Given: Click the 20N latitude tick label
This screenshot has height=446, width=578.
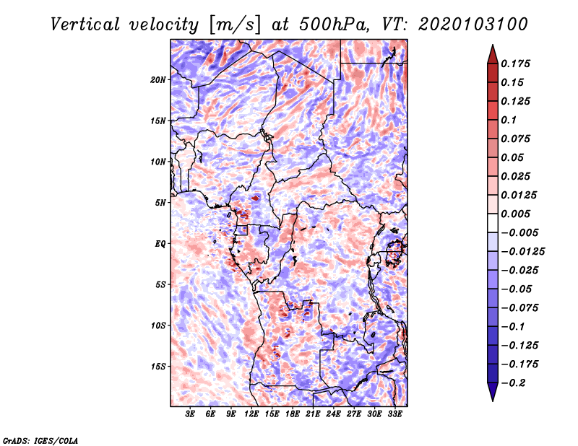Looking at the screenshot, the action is click(158, 80).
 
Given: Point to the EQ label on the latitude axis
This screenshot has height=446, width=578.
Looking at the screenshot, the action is click(160, 244).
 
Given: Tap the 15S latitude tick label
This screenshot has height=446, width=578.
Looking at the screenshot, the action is click(158, 367).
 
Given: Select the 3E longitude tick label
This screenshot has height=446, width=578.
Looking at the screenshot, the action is click(190, 414).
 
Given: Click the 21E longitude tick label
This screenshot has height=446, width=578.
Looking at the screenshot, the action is click(313, 414).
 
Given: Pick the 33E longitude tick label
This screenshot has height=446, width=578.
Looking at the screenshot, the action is click(394, 414).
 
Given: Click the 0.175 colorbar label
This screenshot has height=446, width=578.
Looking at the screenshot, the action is click(515, 64).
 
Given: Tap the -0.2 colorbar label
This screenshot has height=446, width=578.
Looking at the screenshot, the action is click(513, 383).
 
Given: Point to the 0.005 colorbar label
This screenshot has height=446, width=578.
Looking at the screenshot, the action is click(515, 214).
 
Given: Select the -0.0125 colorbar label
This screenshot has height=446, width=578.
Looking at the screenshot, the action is click(522, 252).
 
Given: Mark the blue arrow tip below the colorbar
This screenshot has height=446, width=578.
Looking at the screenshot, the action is click(493, 401).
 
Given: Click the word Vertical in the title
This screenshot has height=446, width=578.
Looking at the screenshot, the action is click(85, 25).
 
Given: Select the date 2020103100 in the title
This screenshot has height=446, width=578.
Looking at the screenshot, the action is click(473, 25).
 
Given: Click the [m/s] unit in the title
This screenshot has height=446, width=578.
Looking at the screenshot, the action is click(236, 25).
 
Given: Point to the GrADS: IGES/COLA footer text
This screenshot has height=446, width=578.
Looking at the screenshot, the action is click(40, 440).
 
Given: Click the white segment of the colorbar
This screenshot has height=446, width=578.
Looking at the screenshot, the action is click(493, 223).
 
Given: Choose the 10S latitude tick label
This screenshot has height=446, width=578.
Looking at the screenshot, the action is click(158, 325).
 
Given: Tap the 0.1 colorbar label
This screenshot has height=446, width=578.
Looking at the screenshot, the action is click(509, 120).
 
